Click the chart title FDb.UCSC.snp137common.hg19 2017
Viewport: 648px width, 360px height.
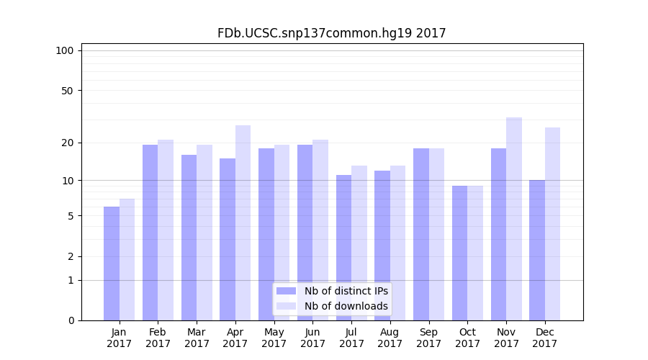coord(331,33)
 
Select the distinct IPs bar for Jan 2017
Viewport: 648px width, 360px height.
coord(112,264)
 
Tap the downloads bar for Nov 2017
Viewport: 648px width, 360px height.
coord(514,219)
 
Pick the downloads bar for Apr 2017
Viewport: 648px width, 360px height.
coord(243,222)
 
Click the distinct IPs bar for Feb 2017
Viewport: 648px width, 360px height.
coord(150,233)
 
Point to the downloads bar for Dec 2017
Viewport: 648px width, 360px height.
coord(552,224)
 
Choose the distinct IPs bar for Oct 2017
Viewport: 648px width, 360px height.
coord(459,253)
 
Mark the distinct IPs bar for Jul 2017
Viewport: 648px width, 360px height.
coord(343,248)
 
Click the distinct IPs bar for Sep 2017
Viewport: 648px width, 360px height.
coord(421,234)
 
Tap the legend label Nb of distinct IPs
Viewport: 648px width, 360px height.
coord(346,291)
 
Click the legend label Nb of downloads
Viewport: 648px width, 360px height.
coord(346,306)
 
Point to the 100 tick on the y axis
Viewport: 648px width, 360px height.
coord(65,50)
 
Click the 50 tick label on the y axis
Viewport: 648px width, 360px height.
coord(67,91)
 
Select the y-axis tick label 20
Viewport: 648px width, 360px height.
coord(67,143)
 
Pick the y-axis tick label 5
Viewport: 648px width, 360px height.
coord(70,216)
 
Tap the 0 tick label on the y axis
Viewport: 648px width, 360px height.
coord(70,320)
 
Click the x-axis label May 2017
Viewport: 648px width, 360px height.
coord(274,338)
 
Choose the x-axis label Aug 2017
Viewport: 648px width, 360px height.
coord(390,338)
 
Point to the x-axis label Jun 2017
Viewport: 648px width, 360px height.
coord(312,338)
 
